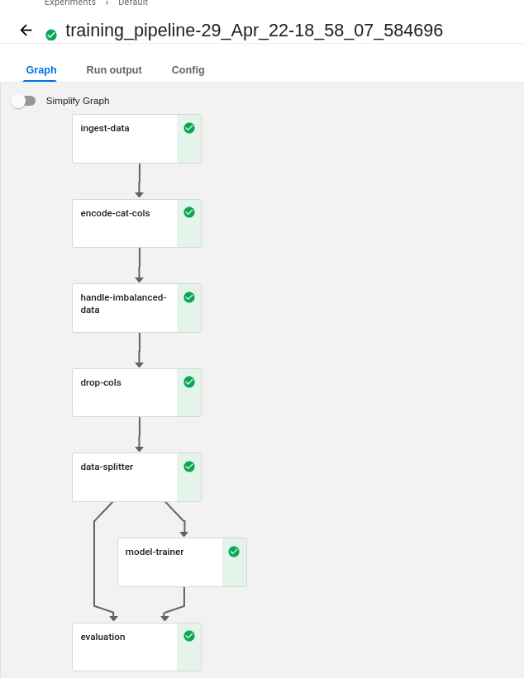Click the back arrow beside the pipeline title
coord(26,31)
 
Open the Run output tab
coord(114,70)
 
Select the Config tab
coord(188,70)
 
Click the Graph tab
coord(41,70)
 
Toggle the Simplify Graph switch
coord(23,101)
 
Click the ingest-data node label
coord(105,128)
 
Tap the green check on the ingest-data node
coord(189,128)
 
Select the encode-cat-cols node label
coord(115,213)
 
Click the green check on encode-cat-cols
coord(189,212)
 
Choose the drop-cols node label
coord(101,382)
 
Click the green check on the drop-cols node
coord(189,382)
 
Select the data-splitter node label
coord(107,467)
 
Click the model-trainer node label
coord(155,552)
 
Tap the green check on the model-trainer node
coord(234,552)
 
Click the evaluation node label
coord(102,637)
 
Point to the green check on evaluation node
coord(189,636)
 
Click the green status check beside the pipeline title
coord(51,35)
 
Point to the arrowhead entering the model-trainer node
coord(184,534)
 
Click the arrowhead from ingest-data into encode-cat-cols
coord(139,195)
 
